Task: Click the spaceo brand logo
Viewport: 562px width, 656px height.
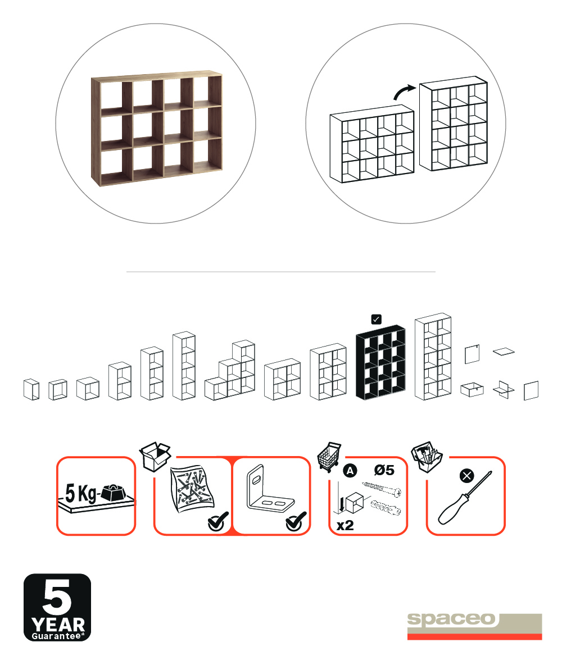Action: pyautogui.click(x=474, y=626)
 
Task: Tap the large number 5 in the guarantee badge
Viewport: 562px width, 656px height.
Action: pyautogui.click(x=57, y=596)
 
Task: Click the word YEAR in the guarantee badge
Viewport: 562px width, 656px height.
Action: pyautogui.click(x=58, y=625)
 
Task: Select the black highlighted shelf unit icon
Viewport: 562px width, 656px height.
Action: pyautogui.click(x=380, y=362)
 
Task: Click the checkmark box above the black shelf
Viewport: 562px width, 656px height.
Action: pyautogui.click(x=376, y=319)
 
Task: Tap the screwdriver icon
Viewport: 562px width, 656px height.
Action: pyautogui.click(x=465, y=498)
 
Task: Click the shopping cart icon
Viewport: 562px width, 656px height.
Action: pyautogui.click(x=329, y=457)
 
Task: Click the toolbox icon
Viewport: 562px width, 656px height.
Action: pyautogui.click(x=427, y=457)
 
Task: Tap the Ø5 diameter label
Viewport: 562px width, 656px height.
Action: pyautogui.click(x=384, y=470)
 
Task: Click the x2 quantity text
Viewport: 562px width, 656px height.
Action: pyautogui.click(x=345, y=525)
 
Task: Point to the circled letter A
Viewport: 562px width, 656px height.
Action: pyautogui.click(x=350, y=471)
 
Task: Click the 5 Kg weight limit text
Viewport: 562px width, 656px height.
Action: pyautogui.click(x=80, y=493)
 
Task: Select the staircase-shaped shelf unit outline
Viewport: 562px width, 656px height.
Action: pyautogui.click(x=230, y=370)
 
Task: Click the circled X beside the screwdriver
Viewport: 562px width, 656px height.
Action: pyautogui.click(x=466, y=476)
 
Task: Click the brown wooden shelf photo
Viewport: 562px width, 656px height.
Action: pyautogui.click(x=157, y=128)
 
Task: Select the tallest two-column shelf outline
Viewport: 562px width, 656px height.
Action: pyautogui.click(x=433, y=357)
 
